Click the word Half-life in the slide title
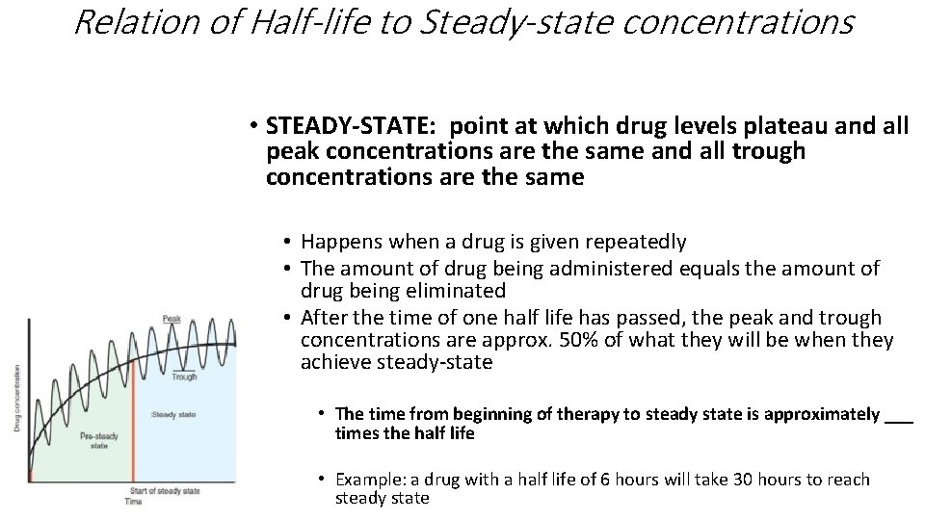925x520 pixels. point(304,21)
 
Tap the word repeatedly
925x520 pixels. point(638,242)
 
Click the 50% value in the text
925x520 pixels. point(581,340)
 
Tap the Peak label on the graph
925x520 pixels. point(172,318)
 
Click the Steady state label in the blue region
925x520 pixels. point(173,414)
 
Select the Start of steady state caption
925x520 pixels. point(165,491)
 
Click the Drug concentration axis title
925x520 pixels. point(16,397)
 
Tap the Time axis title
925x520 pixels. point(132,502)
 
